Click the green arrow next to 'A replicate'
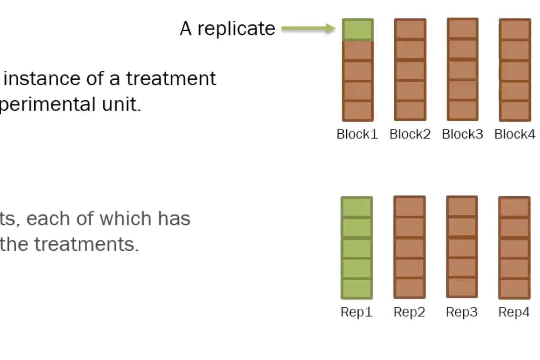308,29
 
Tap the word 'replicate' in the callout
236,29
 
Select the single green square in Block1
358,30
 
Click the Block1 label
357,134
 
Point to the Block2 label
410,134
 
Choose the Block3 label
462,134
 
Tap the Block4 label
515,134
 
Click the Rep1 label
357,312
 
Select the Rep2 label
409,312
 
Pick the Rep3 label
462,312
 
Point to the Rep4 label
514,312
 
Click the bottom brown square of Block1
358,111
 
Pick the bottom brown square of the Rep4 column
514,288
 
